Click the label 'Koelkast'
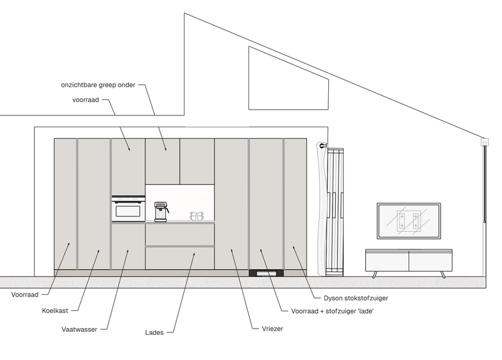pos(55,310)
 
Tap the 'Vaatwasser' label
pos(80,329)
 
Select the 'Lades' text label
pos(154,332)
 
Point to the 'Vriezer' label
pos(272,329)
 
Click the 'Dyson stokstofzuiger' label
pos(356,299)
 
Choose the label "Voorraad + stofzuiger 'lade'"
pos(333,311)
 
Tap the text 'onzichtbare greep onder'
pos(99,85)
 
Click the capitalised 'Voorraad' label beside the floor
pos(24,295)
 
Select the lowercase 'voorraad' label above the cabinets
pos(85,100)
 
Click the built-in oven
pos(129,208)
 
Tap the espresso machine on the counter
pos(161,211)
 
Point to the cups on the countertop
pos(197,216)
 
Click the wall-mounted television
pos(409,221)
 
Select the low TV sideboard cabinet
pos(409,260)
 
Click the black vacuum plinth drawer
pos(266,273)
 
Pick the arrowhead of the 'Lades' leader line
pos(194,255)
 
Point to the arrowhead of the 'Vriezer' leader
pos(232,251)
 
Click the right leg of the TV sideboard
pos(443,275)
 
